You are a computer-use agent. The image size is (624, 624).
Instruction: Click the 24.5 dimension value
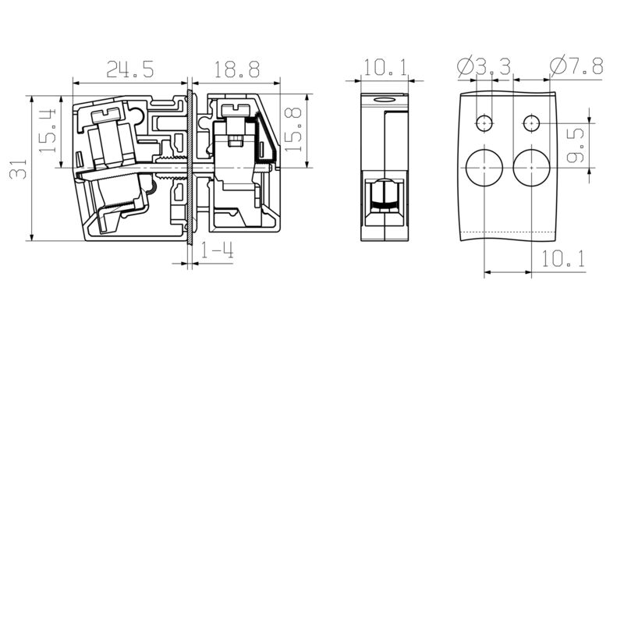tap(129, 69)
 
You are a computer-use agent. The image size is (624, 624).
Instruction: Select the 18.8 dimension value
tap(237, 69)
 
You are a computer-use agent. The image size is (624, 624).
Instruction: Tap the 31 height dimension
tap(18, 168)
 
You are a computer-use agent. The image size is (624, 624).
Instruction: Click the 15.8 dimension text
tap(294, 129)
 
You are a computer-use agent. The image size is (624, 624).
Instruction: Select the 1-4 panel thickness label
tap(217, 250)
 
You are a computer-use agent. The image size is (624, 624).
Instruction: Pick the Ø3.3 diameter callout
tap(484, 66)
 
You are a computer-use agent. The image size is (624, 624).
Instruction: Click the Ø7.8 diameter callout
tap(576, 66)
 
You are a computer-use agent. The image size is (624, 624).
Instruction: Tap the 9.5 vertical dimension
tap(576, 145)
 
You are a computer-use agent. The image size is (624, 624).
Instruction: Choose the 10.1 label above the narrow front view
tap(385, 67)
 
